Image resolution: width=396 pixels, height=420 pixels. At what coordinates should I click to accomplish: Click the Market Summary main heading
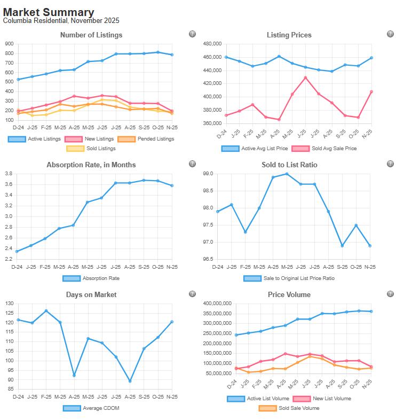[49, 12]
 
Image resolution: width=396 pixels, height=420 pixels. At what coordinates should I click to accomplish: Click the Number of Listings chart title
[91, 35]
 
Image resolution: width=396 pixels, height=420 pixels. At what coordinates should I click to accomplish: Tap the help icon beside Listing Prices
[390, 34]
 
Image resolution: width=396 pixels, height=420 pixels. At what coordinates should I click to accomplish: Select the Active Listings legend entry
[35, 139]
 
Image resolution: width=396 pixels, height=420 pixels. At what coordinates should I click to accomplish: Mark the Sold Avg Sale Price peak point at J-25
[305, 77]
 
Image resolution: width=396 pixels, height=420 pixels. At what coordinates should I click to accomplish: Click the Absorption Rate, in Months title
[91, 165]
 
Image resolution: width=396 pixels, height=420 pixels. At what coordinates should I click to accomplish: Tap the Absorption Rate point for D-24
[18, 251]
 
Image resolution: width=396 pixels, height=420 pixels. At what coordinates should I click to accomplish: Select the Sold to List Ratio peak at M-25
[287, 174]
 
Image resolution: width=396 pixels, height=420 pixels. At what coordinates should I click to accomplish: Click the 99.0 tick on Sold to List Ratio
[208, 174]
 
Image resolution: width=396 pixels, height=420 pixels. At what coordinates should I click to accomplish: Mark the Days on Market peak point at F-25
[46, 310]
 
